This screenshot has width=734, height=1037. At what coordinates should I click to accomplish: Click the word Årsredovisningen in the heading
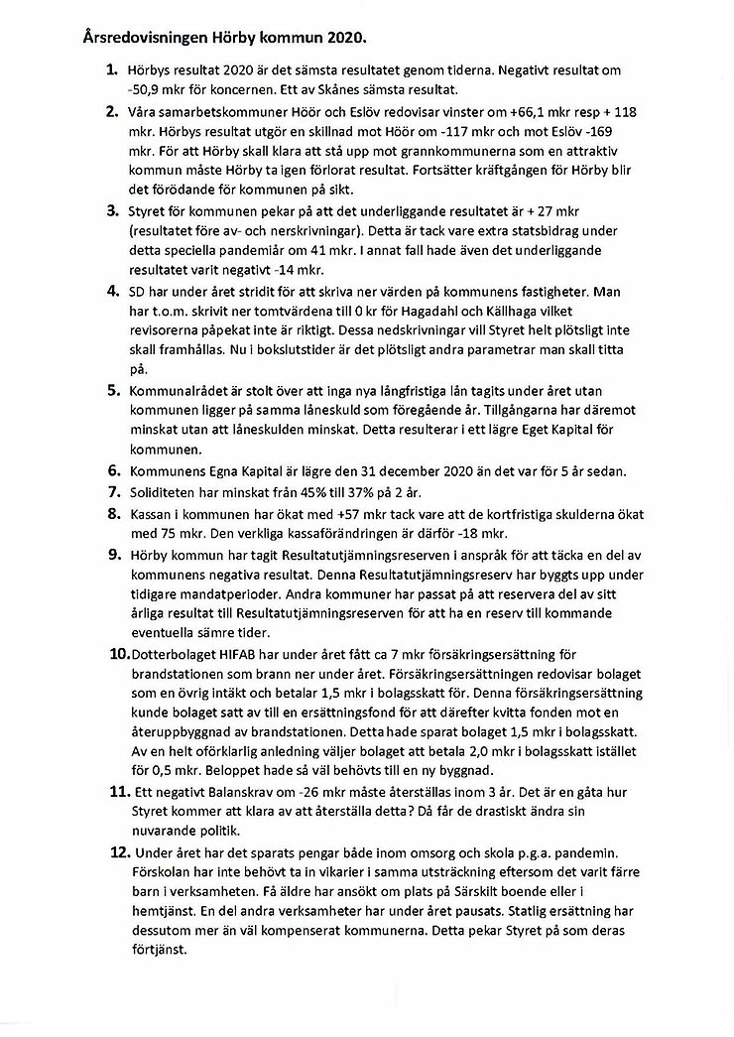click(x=136, y=40)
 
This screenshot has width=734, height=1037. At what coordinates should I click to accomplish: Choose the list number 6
click(x=111, y=473)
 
